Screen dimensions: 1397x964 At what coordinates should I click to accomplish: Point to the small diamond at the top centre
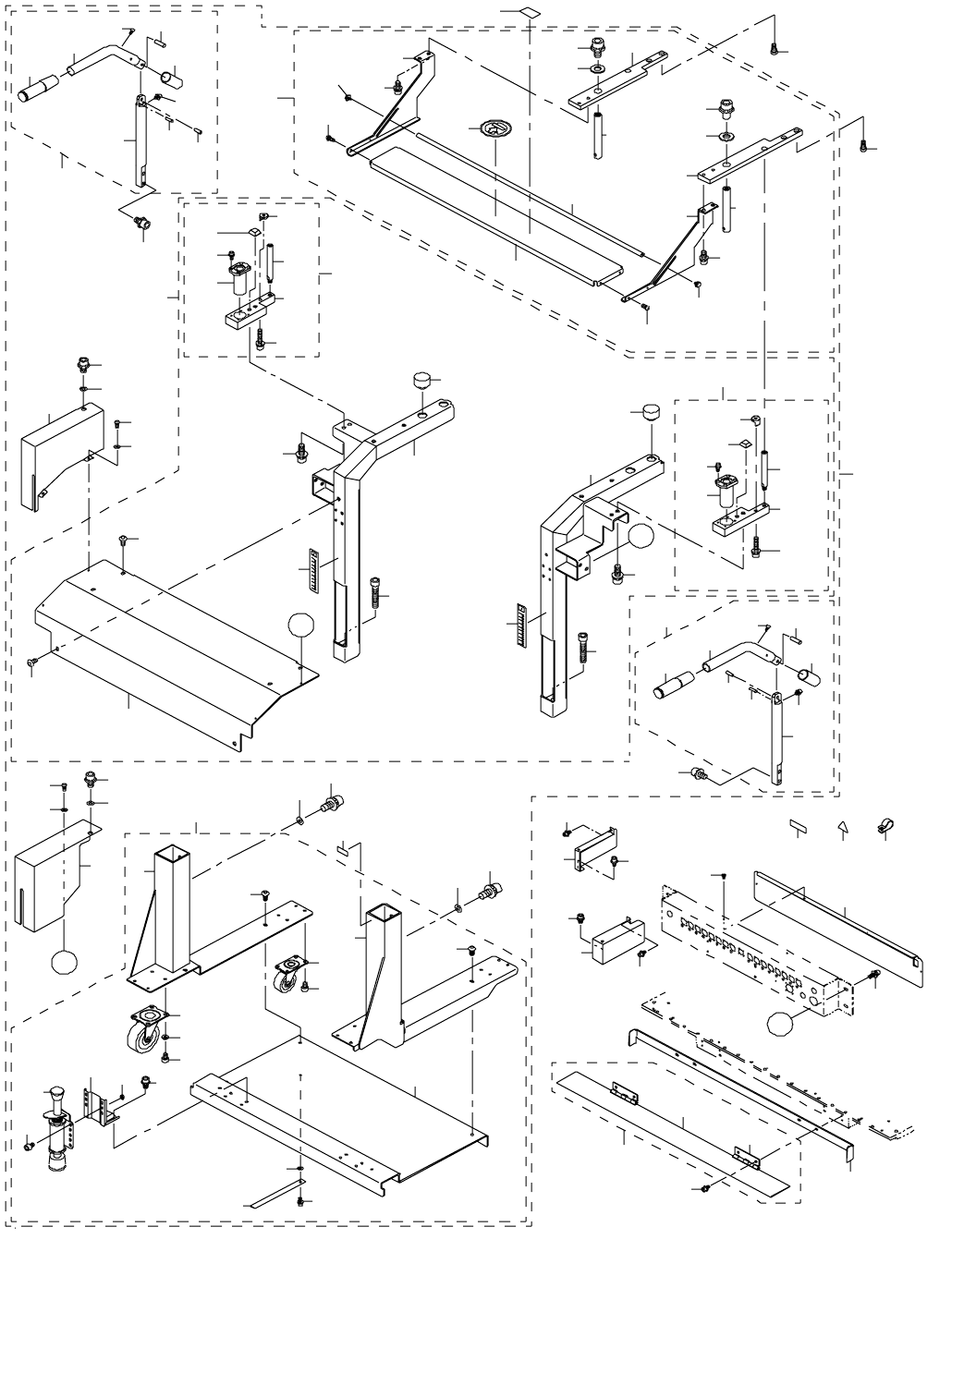point(530,11)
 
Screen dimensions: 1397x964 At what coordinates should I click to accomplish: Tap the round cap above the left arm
point(423,381)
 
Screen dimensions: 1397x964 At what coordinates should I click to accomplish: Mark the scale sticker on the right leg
point(520,626)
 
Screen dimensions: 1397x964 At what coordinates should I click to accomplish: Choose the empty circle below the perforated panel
point(781,1023)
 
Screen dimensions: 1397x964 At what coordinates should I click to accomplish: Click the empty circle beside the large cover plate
point(301,626)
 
